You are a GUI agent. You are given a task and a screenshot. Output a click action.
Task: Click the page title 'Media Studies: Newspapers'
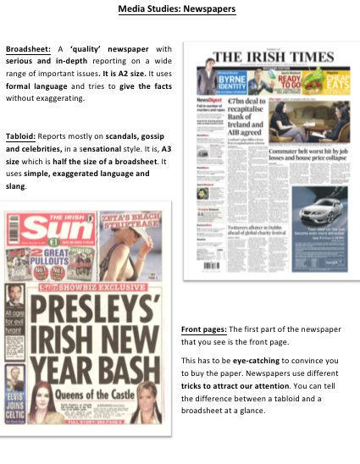180,9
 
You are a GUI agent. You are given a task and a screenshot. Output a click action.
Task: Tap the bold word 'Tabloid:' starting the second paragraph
21,134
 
